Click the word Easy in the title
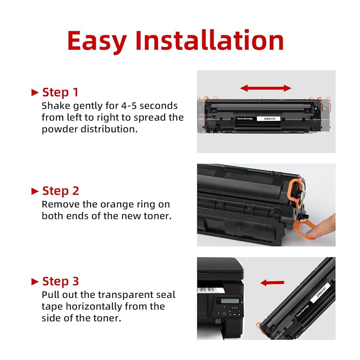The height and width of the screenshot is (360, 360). click(x=97, y=41)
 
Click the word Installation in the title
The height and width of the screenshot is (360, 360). click(x=209, y=40)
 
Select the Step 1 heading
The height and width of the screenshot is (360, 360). click(x=60, y=92)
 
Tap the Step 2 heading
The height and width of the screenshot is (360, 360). click(x=60, y=190)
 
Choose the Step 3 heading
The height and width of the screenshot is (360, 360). click(x=60, y=281)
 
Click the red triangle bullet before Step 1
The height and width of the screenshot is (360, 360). click(x=35, y=93)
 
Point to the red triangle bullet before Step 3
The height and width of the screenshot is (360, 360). click(x=35, y=281)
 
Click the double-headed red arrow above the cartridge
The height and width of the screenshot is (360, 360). click(x=266, y=88)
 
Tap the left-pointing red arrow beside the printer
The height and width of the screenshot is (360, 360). click(x=272, y=283)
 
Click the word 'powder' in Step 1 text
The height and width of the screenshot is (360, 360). click(x=59, y=130)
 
